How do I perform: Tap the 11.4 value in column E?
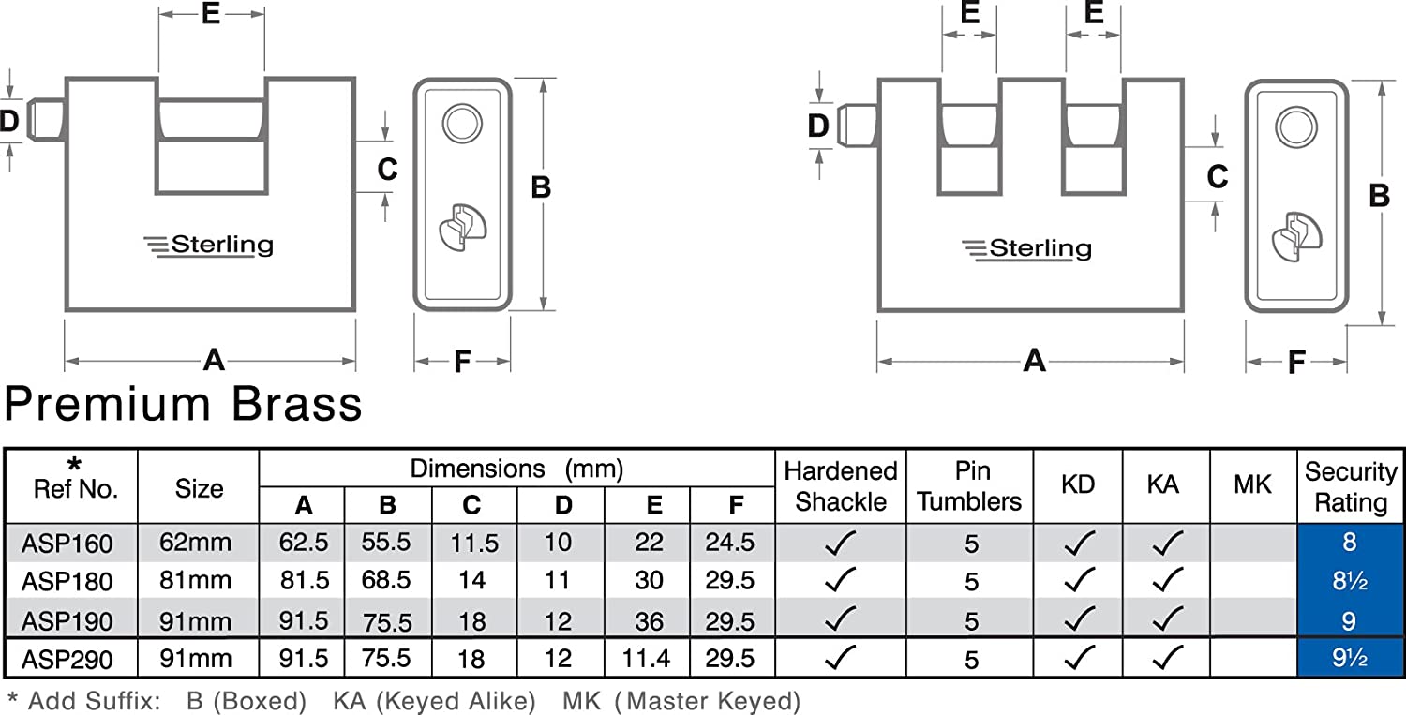click(646, 660)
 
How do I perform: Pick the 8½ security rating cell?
click(1349, 582)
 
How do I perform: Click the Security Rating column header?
click(1350, 487)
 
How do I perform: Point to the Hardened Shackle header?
click(841, 486)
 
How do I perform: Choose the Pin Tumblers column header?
click(969, 486)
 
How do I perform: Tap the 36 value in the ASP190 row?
click(649, 621)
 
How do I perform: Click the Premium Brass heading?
click(184, 405)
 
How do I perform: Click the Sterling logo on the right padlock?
click(1027, 249)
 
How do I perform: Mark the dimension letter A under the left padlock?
click(215, 360)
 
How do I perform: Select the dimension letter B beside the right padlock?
click(1379, 196)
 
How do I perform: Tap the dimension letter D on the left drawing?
click(9, 120)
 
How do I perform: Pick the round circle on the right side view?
click(1294, 127)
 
